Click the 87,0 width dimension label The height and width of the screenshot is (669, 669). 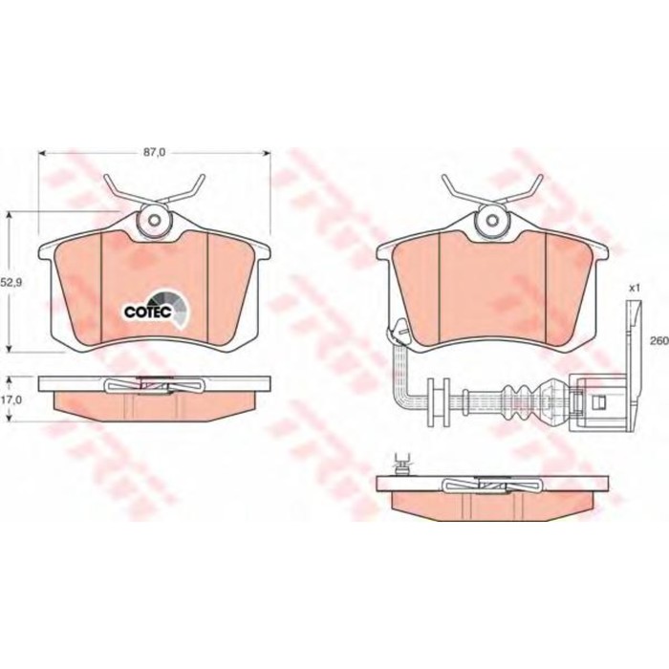[154, 153]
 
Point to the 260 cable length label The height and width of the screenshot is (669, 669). [658, 341]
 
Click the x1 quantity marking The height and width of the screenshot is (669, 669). [635, 288]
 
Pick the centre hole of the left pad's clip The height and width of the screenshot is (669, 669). [155, 220]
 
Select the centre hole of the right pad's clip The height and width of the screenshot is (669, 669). [492, 220]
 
